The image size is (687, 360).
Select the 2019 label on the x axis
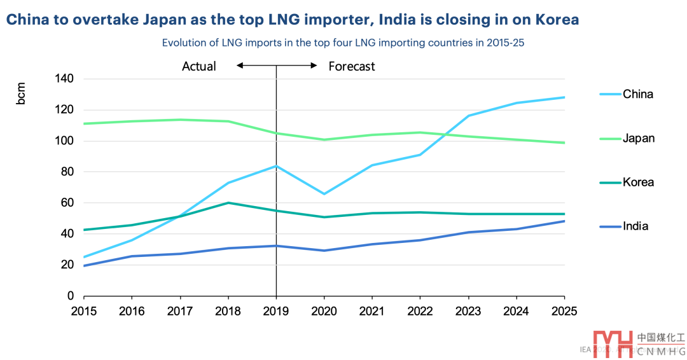pos(276,311)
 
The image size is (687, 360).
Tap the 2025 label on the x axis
pos(564,311)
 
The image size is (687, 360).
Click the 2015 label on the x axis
pos(84,311)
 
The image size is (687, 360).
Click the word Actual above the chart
pos(199,66)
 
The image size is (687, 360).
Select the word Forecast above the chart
pos(352,66)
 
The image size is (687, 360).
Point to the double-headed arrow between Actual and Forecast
pos(277,65)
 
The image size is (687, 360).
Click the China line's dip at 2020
pos(324,194)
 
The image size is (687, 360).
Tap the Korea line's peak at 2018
pos(228,203)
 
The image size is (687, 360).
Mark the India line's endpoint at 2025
pos(564,221)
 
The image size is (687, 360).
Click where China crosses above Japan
pos(450,134)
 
